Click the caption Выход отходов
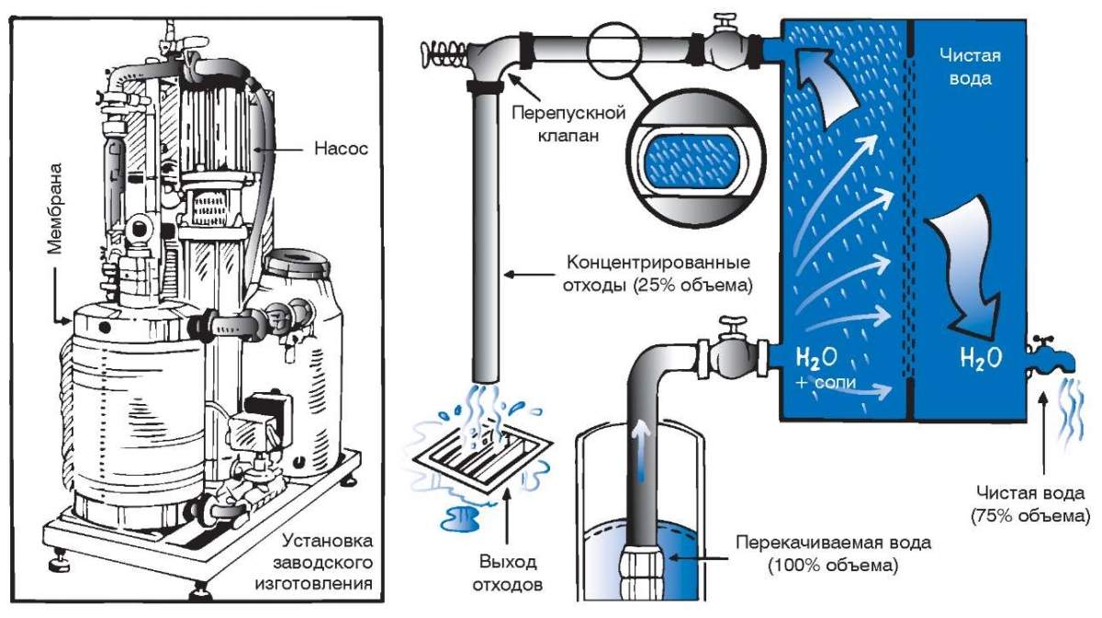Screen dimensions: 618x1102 tap(507, 570)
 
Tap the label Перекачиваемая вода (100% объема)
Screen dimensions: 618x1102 tap(833, 553)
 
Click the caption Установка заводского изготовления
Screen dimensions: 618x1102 tap(325, 560)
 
